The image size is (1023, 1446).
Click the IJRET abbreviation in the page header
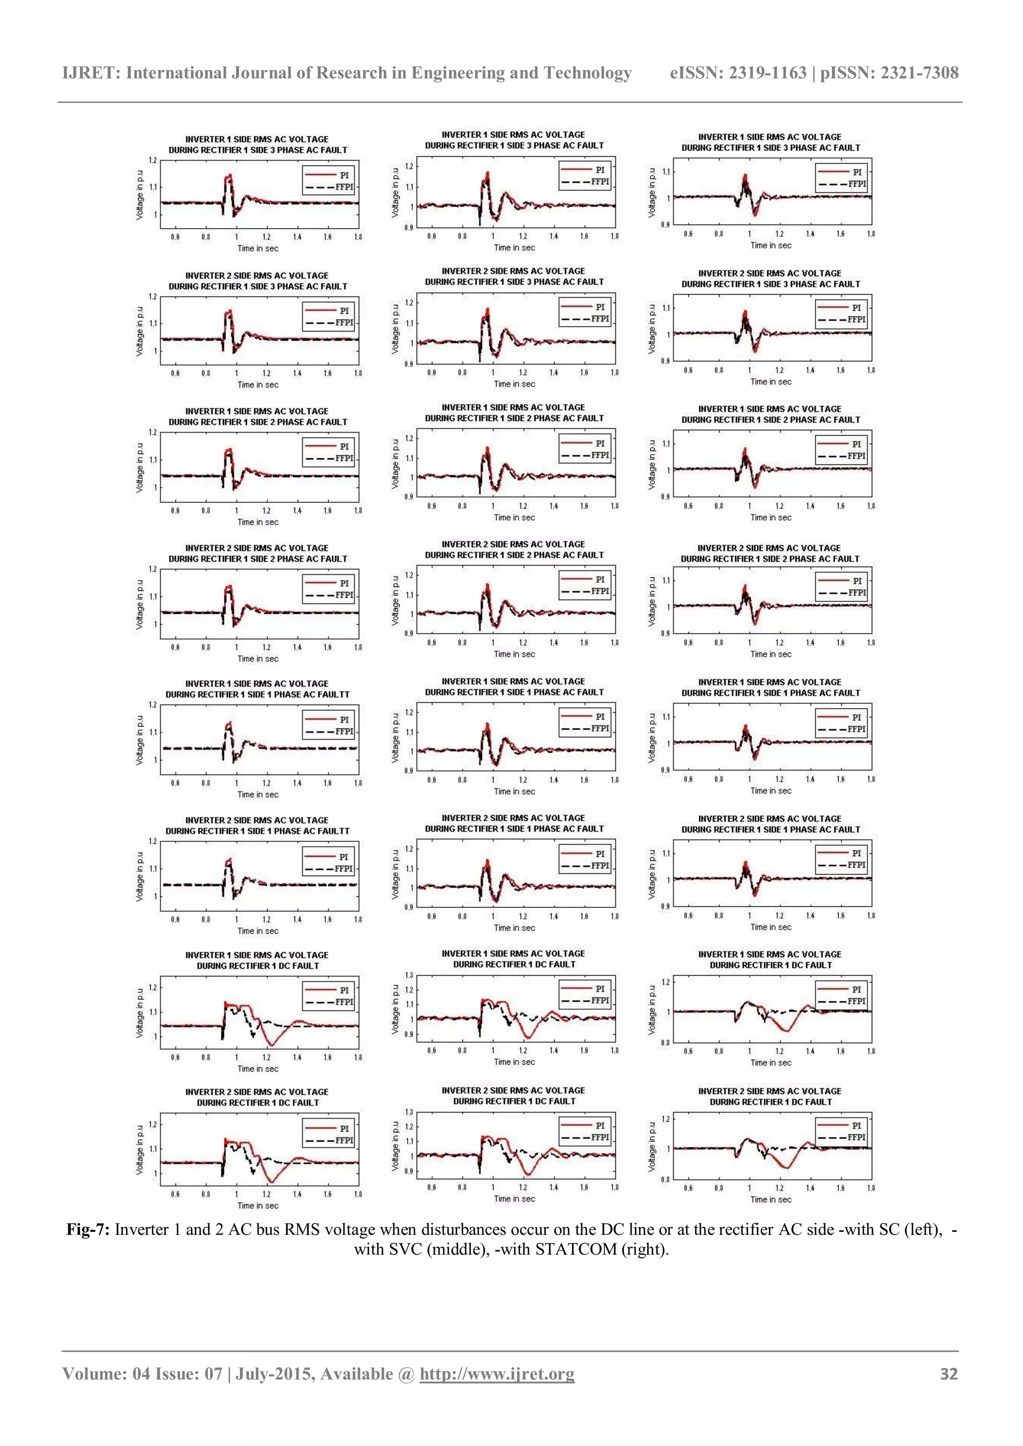91,73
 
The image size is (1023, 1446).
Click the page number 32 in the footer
949,1374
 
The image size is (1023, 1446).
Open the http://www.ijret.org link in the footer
497,1374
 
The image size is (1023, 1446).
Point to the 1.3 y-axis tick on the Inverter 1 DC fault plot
409,976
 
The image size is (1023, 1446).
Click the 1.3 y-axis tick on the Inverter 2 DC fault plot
409,1112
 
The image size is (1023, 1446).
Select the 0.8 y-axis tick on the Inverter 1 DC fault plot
665,1043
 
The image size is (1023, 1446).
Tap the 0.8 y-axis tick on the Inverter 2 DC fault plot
665,1179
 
